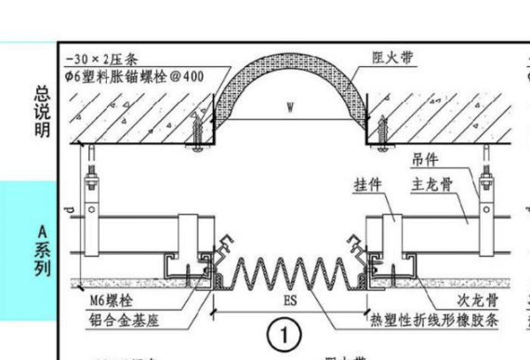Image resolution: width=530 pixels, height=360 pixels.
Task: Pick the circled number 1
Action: click(286, 333)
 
